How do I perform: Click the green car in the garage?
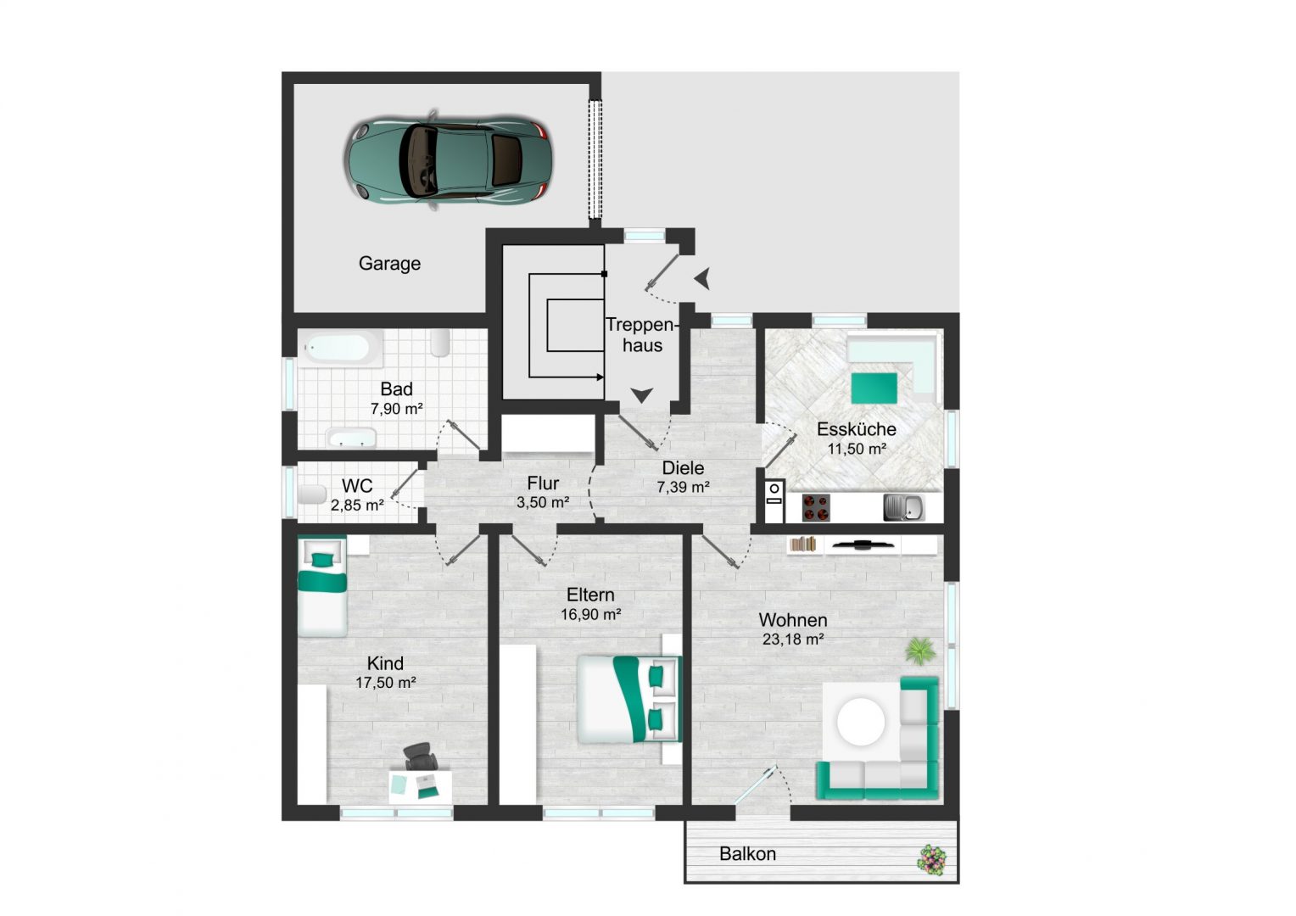[x=448, y=159]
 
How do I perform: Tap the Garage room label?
[x=389, y=264]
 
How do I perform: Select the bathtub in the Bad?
[x=340, y=348]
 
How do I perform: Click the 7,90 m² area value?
[x=396, y=409]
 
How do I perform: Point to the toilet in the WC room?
[x=312, y=494]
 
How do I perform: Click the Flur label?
[x=543, y=483]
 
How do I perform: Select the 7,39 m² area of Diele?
[x=683, y=487]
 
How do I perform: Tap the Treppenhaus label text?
[x=641, y=335]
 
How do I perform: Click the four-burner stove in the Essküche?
[x=816, y=507]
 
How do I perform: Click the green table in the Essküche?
[x=874, y=388]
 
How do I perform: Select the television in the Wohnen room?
[x=862, y=544]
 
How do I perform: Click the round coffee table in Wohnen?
[x=862, y=722]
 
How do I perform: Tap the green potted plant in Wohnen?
[x=920, y=651]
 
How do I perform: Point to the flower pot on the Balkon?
[x=931, y=860]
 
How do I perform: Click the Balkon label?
[x=747, y=854]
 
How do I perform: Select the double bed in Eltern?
[x=629, y=699]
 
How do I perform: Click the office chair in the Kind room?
[x=419, y=757]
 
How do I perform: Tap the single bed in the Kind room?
[x=322, y=586]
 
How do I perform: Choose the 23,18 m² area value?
[x=793, y=639]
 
